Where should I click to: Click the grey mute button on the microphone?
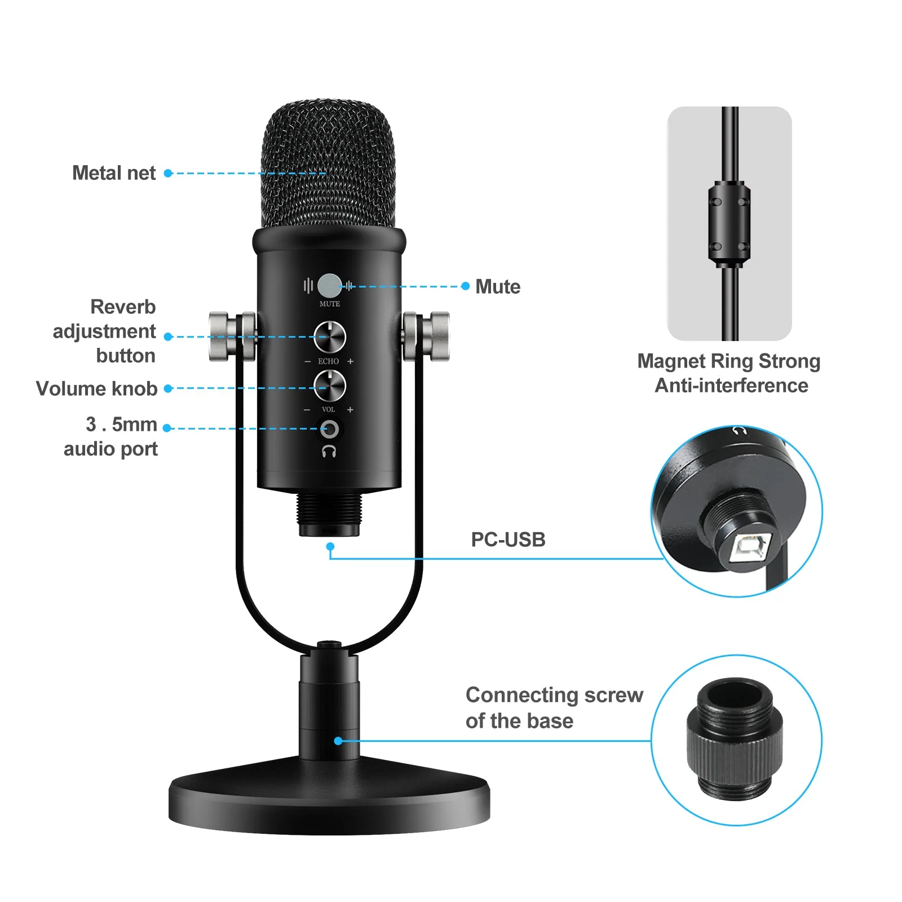329,285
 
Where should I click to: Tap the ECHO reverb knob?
329,337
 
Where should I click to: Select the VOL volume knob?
329,386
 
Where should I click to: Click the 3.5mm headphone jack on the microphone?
329,430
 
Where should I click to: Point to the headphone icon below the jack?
329,451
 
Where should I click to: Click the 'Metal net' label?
114,173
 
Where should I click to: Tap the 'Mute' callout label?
497,287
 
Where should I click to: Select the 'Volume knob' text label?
96,388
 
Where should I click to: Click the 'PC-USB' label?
508,540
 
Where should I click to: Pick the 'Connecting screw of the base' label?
554,708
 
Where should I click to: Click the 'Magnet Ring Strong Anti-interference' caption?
729,373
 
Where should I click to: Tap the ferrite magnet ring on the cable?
729,224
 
